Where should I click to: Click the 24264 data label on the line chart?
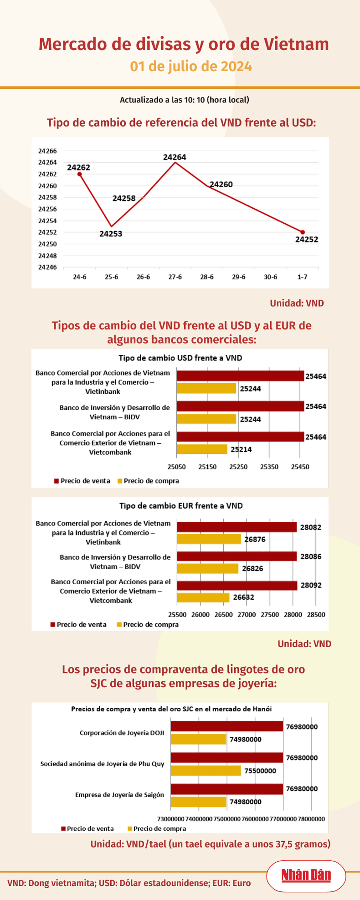[175, 157]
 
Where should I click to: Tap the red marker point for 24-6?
[80, 174]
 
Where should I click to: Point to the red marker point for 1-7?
[303, 232]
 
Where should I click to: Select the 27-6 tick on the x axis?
[175, 277]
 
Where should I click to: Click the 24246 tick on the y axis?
[48, 267]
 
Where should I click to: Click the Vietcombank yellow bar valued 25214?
[202, 449]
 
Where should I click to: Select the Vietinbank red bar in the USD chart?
[240, 376]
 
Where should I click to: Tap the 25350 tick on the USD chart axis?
[269, 467]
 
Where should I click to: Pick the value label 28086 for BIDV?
[310, 556]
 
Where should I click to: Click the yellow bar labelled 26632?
[203, 597]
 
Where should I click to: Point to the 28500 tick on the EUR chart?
[316, 615]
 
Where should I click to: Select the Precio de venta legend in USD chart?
[82, 481]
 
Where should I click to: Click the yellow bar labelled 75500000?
[206, 771]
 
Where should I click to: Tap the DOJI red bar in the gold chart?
[227, 726]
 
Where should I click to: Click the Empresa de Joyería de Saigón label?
[119, 795]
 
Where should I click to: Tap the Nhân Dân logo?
[306, 875]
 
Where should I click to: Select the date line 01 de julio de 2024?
[191, 67]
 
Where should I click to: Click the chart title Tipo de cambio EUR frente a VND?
[181, 506]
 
